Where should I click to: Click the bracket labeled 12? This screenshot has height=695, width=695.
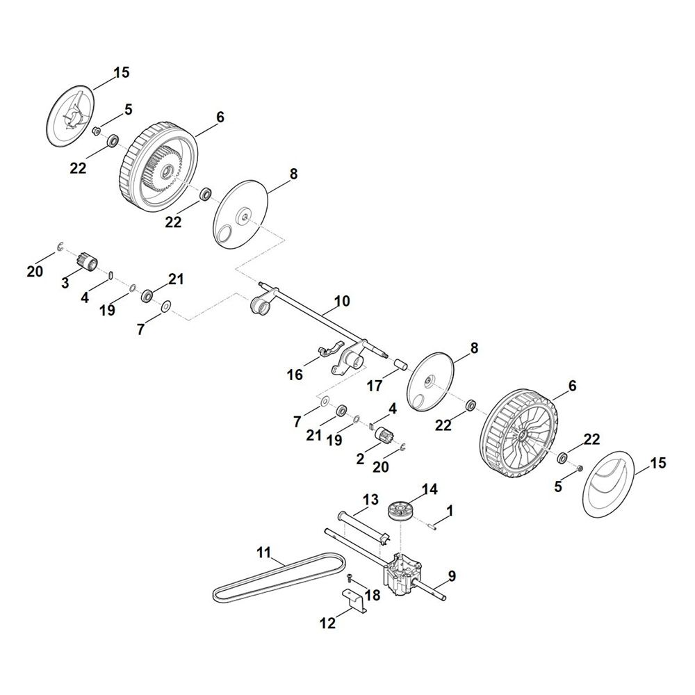(354, 600)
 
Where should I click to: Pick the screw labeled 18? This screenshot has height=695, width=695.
(350, 577)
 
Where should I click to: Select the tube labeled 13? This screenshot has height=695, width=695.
(363, 527)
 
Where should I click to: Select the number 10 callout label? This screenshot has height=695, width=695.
(342, 302)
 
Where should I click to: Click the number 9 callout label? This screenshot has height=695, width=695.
(452, 576)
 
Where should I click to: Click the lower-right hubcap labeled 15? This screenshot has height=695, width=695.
(608, 484)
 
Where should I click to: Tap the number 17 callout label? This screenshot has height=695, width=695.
(375, 386)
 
